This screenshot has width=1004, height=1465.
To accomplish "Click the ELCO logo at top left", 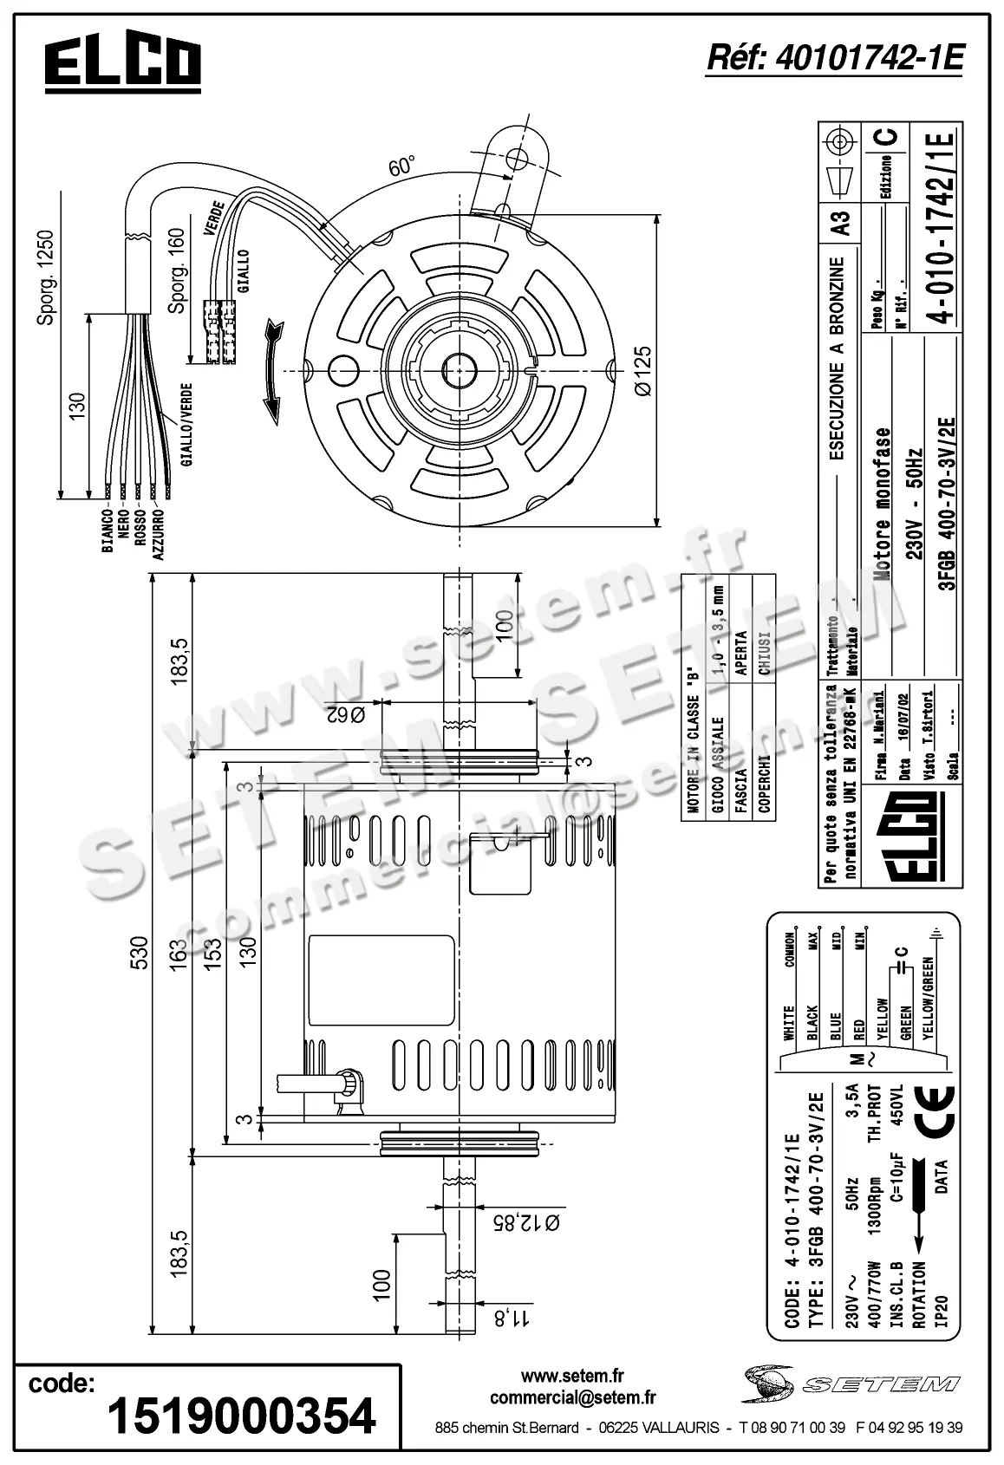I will point(122,64).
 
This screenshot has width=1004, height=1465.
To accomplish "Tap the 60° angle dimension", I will point(401,166).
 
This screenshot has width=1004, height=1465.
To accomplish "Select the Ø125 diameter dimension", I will point(642,371).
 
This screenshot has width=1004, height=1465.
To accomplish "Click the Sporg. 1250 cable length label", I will point(46,278).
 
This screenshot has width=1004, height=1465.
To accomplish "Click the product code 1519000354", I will point(241,1416).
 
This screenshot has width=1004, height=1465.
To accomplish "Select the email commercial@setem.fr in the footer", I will point(572,1397).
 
